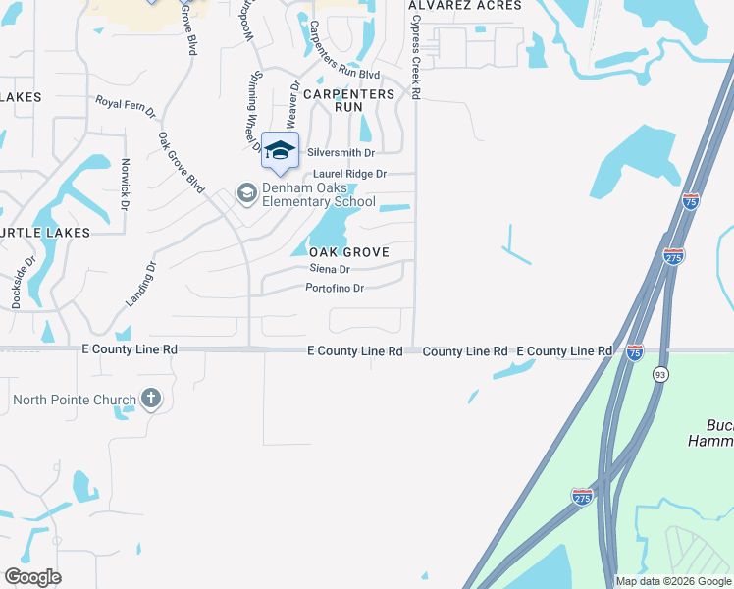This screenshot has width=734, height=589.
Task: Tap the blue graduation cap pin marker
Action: click(280, 151)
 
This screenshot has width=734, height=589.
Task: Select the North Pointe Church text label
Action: click(76, 400)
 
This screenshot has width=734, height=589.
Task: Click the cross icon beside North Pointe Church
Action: click(150, 399)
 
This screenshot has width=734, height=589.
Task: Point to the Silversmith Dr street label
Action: click(341, 153)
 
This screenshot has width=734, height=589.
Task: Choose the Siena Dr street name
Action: click(329, 269)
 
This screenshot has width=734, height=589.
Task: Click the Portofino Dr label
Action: click(335, 288)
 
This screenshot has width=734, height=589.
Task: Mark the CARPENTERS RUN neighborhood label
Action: click(348, 100)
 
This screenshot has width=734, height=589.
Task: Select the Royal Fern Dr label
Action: click(125, 106)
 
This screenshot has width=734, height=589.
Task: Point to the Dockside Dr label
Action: click(25, 284)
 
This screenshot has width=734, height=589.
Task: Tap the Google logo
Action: click(32, 577)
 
